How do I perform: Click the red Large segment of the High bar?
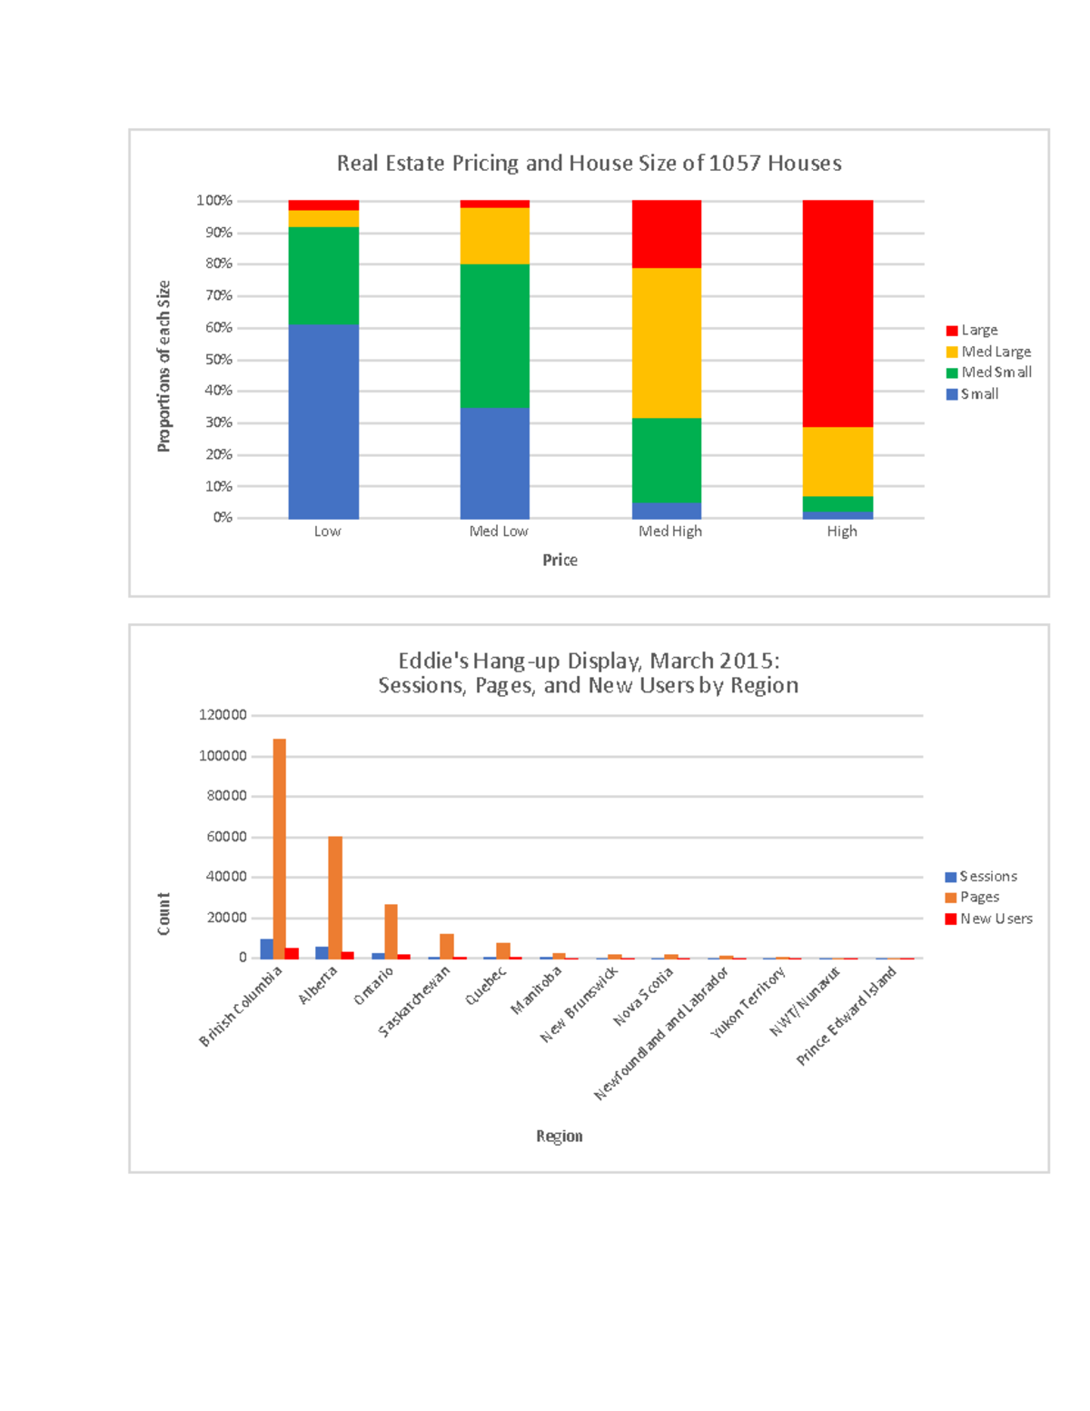click(837, 313)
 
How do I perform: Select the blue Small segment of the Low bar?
click(323, 422)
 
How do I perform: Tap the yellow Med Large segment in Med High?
click(667, 343)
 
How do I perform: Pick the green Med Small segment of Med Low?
click(495, 335)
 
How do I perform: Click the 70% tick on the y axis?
click(219, 295)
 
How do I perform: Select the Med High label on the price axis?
click(670, 532)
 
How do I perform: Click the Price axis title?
click(560, 561)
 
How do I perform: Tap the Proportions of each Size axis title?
click(163, 366)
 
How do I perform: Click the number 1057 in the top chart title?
click(735, 164)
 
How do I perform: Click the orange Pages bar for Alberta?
click(335, 897)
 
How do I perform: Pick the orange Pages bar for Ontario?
click(391, 930)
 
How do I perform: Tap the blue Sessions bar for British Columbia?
click(266, 949)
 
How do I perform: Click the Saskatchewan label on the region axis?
click(414, 1002)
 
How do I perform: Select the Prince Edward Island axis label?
click(847, 1016)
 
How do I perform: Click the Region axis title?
click(560, 1137)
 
